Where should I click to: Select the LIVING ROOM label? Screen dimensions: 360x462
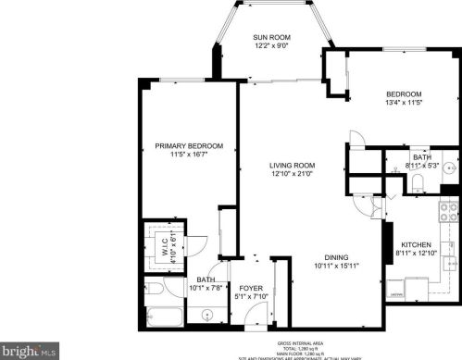tap(267, 164)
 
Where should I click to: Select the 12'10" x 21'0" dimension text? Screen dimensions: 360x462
tap(267, 174)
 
